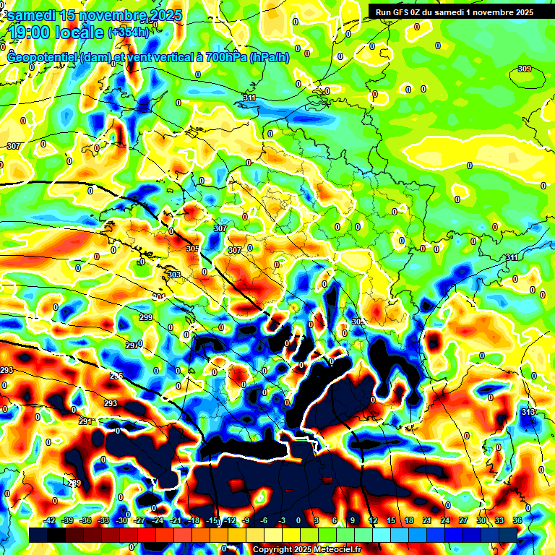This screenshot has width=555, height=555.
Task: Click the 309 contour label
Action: [525, 69]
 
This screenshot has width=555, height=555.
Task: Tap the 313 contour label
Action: [528, 412]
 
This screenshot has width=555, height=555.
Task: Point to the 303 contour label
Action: [174, 275]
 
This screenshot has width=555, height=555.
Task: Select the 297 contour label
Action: [132, 345]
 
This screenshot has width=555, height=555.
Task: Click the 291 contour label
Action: [85, 421]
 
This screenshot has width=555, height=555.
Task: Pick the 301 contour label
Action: [159, 297]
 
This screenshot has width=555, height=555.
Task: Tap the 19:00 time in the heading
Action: [35, 33]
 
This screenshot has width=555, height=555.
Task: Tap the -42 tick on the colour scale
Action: [50, 520]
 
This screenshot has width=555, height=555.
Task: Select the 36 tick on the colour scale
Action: [517, 520]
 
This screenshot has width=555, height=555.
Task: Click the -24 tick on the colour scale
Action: [158, 520]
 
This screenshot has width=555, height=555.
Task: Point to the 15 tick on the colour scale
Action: [391, 520]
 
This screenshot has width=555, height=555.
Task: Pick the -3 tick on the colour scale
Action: [283, 520]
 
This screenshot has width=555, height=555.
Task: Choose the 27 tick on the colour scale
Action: [463, 520]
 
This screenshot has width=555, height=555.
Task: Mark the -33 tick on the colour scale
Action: [104, 520]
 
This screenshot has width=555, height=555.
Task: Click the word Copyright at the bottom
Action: [275, 549]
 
